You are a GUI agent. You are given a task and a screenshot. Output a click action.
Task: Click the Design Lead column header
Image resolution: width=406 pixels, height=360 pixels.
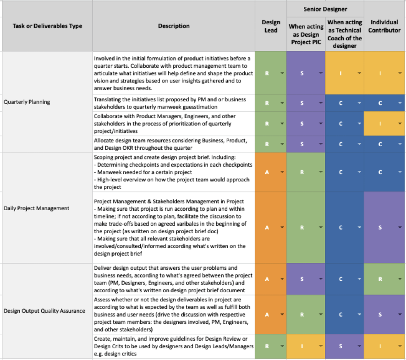pyautogui.click(x=271, y=26)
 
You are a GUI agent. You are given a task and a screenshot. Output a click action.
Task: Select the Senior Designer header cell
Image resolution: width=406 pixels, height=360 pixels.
pyautogui.click(x=325, y=9)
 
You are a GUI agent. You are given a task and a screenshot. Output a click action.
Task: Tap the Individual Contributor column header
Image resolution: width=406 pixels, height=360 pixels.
pyautogui.click(x=385, y=26)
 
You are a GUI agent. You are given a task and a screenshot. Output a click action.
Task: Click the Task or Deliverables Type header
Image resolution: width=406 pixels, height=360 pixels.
pyautogui.click(x=48, y=26)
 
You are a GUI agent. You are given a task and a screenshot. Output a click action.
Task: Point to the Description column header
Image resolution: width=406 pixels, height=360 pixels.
pyautogui.click(x=174, y=26)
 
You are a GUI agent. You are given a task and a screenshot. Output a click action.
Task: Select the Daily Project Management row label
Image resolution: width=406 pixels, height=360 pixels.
pyautogui.click(x=36, y=208)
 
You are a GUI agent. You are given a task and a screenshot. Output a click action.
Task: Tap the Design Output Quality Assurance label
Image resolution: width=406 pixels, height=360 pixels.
pyautogui.click(x=44, y=311)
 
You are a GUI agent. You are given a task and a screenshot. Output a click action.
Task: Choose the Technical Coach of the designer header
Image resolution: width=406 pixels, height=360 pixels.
pyautogui.click(x=345, y=34)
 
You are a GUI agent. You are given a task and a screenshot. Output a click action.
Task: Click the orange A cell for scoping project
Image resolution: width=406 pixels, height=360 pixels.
pyautogui.click(x=271, y=172)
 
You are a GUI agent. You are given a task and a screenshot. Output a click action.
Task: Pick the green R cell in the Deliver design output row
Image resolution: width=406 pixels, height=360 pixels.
pyautogui.click(x=385, y=279)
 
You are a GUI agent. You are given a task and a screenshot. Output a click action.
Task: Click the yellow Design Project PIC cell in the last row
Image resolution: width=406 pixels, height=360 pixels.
pyautogui.click(x=306, y=346)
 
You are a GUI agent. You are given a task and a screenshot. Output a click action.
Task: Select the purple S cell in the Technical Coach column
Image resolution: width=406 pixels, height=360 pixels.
pyautogui.click(x=345, y=346)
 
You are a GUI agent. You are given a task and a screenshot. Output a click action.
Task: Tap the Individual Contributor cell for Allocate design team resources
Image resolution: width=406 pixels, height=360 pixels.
pyautogui.click(x=385, y=144)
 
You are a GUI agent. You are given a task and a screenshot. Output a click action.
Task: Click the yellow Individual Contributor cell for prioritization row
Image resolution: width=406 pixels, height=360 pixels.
pyautogui.click(x=385, y=124)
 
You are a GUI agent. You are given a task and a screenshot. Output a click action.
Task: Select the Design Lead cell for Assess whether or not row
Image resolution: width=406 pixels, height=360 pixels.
pyautogui.click(x=271, y=315)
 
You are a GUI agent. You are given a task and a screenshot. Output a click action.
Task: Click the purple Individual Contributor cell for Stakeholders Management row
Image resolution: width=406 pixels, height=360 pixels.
pyautogui.click(x=385, y=227)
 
